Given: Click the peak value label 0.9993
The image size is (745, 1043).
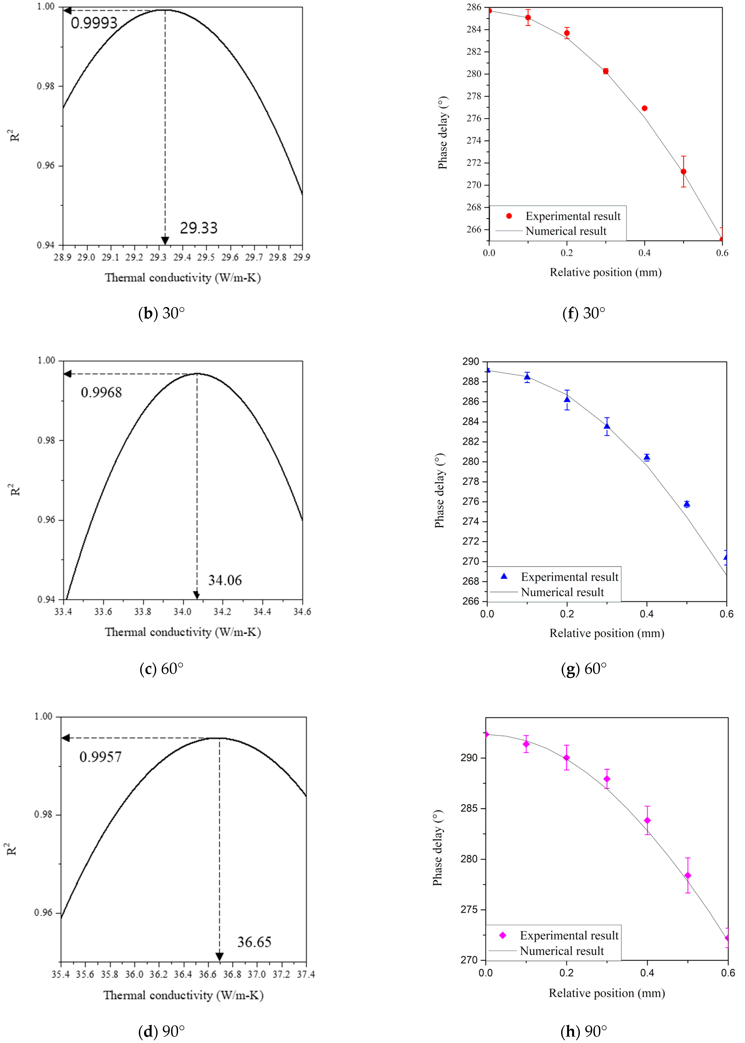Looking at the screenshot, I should tap(94, 23).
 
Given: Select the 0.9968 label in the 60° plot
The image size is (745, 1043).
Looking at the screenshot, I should tap(101, 392).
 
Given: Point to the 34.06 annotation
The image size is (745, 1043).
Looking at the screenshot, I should tap(225, 580).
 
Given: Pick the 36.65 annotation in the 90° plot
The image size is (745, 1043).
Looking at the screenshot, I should tap(254, 942).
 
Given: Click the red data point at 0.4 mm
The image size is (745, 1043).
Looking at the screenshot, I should tap(644, 108).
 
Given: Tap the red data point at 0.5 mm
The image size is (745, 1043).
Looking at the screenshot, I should tap(684, 172).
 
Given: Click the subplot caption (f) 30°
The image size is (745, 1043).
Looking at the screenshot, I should tap(584, 313).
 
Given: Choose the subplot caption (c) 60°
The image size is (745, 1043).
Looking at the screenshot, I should tap(161, 669).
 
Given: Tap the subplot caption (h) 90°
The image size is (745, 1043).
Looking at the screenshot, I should tap(584, 1032).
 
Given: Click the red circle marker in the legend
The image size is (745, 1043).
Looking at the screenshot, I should tap(509, 216).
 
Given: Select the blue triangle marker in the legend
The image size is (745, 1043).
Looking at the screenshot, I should tap(504, 576).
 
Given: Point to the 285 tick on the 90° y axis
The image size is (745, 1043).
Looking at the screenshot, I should tap(469, 809).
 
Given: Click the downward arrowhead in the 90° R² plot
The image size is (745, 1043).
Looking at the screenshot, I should tap(219, 957).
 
